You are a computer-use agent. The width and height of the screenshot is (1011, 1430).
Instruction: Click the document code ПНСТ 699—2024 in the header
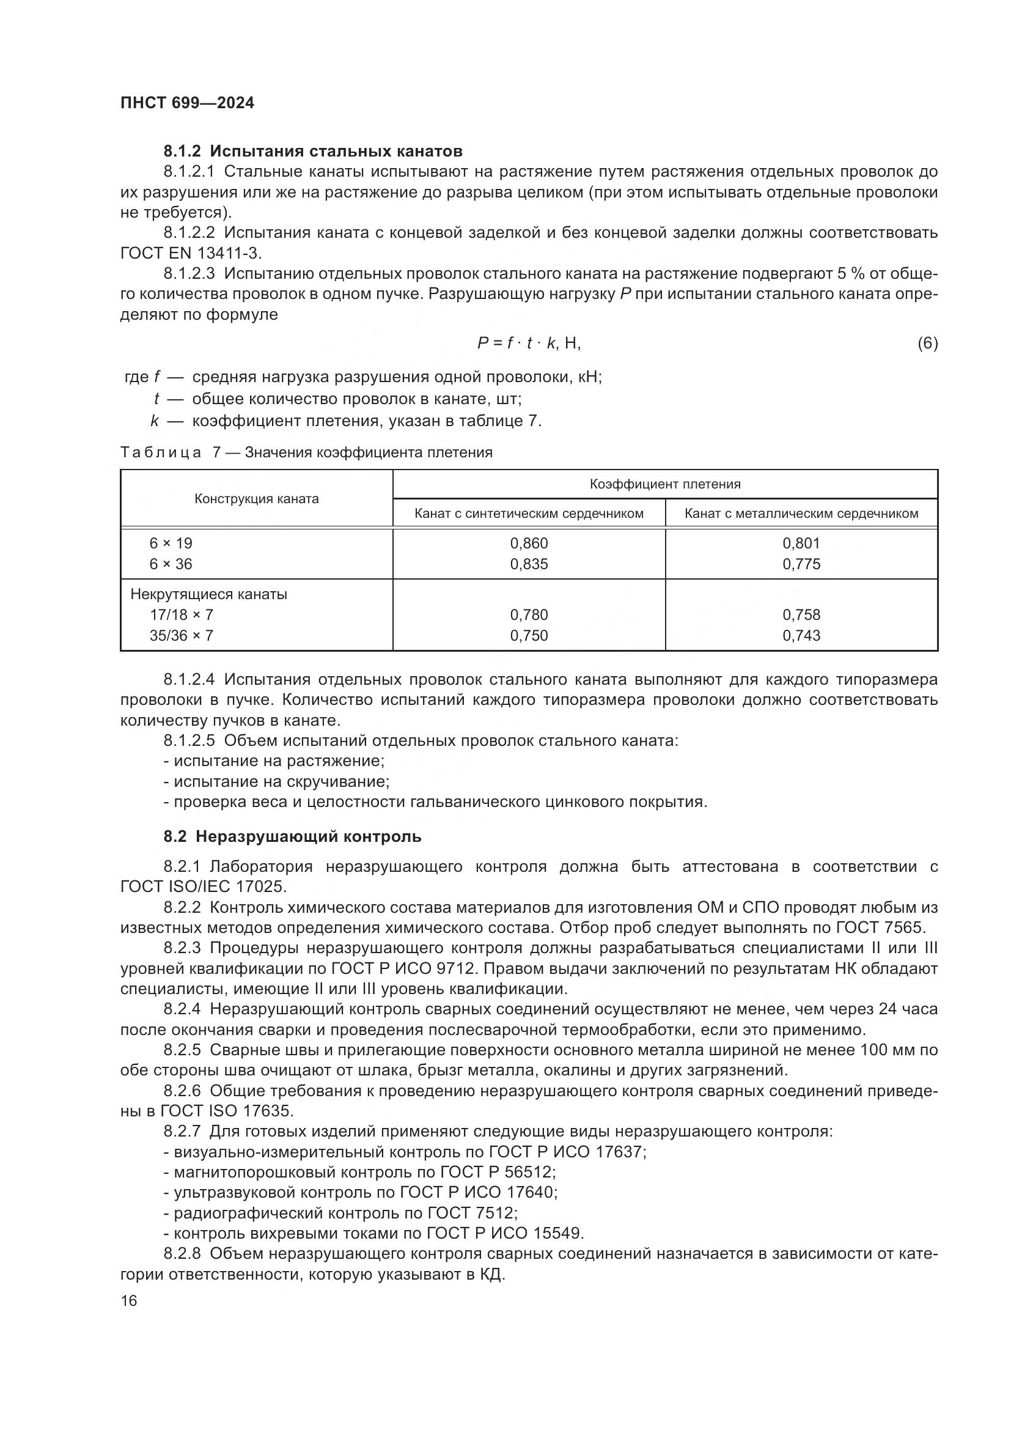tap(187, 103)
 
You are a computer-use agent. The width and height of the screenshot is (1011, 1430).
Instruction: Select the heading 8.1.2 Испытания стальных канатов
tap(312, 152)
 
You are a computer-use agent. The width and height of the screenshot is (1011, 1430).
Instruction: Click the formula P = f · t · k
tap(529, 343)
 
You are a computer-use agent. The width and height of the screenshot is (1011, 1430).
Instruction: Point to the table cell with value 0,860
tap(529, 543)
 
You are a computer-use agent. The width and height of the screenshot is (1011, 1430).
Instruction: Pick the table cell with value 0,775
tap(801, 564)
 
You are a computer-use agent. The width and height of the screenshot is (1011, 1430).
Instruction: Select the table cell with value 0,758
tap(801, 614)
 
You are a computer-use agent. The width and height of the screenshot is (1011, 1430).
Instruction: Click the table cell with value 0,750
tap(529, 636)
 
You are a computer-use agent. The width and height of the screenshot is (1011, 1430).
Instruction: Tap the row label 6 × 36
tap(171, 564)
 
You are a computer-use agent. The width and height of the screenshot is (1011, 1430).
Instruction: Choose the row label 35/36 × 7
tap(181, 636)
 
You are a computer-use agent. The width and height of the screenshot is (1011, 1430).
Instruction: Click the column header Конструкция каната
tap(257, 499)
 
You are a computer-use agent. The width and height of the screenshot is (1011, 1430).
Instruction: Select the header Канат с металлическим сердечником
tap(801, 514)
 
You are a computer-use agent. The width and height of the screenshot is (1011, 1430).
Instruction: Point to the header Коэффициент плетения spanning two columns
tap(665, 484)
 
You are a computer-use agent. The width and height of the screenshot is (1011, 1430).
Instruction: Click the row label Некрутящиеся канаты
tap(208, 594)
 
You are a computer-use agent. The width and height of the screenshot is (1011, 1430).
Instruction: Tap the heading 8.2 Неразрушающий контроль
tap(293, 836)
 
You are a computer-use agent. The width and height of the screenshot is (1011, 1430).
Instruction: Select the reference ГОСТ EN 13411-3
tap(191, 254)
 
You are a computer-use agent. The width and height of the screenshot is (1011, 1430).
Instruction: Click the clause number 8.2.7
tap(182, 1131)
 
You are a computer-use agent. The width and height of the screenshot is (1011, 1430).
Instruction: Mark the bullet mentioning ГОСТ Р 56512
tap(360, 1172)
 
